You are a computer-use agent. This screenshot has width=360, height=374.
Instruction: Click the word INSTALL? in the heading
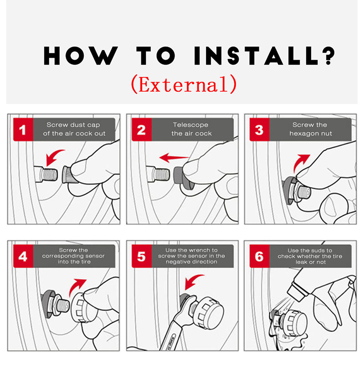pos(264,56)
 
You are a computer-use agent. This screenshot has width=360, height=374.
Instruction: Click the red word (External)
pos(184,84)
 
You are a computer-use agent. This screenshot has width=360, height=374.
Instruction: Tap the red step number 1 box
pos(23,130)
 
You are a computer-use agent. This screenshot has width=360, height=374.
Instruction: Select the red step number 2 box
pos(142,130)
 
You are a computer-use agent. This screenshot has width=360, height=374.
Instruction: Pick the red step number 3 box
pos(259,130)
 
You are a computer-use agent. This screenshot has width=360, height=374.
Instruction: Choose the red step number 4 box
pos(23,256)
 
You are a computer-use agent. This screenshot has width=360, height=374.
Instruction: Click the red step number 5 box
pos(142,256)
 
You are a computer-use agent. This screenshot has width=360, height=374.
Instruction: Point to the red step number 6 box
pos(259,256)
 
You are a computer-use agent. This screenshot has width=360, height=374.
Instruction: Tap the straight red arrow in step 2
pos(174,157)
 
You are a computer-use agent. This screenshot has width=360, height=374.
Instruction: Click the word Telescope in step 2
pos(190,125)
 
